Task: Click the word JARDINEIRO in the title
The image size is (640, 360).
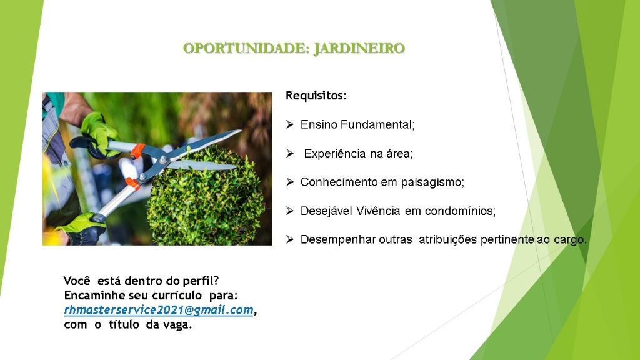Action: (x=359, y=48)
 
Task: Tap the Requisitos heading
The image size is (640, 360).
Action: (x=316, y=96)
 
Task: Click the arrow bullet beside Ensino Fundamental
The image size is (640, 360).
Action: (x=290, y=124)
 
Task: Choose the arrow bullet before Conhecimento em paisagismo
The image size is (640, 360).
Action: (x=290, y=182)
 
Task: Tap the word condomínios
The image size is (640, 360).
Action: (x=460, y=211)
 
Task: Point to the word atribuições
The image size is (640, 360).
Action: (x=447, y=240)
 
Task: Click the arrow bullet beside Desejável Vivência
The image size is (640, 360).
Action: (x=290, y=211)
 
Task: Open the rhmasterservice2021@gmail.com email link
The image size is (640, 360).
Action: (x=159, y=310)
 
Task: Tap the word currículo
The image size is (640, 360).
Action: (x=177, y=296)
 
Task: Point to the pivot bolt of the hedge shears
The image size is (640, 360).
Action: (x=163, y=159)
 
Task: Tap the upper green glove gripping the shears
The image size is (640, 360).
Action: (x=100, y=132)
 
